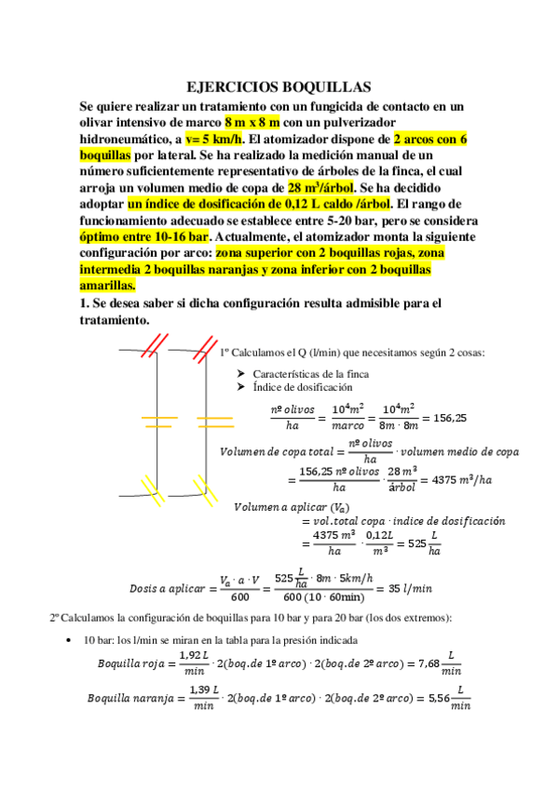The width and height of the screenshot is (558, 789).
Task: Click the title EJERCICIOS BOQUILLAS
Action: (279, 86)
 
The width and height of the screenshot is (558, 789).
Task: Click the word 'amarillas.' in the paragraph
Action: (108, 285)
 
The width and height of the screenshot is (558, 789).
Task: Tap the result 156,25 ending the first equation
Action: (449, 418)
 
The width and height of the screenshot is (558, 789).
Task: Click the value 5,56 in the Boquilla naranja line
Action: (434, 698)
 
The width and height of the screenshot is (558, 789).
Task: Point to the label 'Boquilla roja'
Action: (130, 664)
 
